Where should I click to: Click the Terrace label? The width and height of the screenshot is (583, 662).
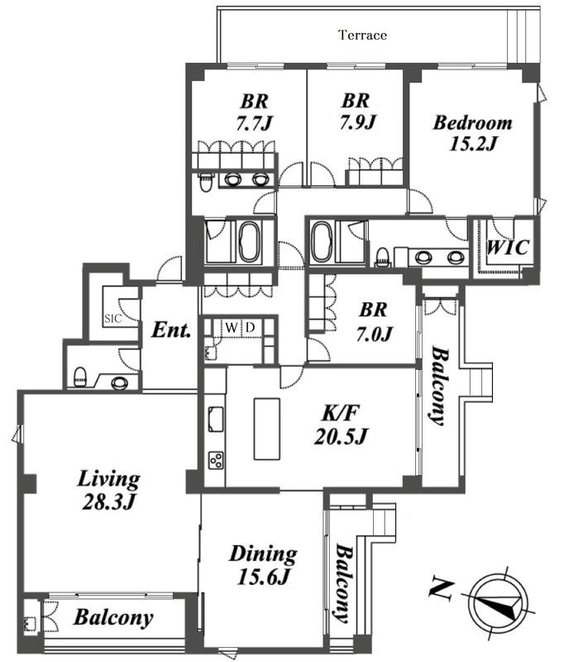(363, 35)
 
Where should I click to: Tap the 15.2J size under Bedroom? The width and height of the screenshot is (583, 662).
(472, 144)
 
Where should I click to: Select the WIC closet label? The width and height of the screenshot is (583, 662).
(507, 247)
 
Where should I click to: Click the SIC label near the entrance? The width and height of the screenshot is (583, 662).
(112, 319)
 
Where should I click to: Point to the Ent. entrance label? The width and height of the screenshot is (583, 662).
(171, 329)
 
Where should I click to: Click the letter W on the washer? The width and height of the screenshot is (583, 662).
(231, 328)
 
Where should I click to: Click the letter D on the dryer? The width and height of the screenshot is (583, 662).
(251, 328)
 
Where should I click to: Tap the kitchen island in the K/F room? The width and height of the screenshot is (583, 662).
(266, 429)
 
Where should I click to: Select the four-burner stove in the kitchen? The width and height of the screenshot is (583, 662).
(216, 459)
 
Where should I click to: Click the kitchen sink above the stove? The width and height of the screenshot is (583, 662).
(216, 419)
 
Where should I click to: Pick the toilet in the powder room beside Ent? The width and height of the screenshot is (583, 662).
(80, 377)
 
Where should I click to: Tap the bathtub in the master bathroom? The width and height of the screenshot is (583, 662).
(323, 242)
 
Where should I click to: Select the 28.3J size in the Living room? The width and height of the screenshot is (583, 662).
(108, 502)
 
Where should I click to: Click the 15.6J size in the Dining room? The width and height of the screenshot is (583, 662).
(263, 576)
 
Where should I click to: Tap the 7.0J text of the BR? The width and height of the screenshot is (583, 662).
(374, 334)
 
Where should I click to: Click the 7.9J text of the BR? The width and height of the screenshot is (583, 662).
(357, 122)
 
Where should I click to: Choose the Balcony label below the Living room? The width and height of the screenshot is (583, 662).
(112, 617)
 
